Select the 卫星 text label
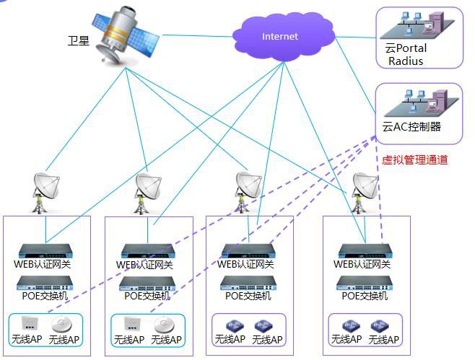point(79,40)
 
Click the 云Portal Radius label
point(406,55)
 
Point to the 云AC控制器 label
point(412,127)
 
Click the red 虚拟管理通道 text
point(414,160)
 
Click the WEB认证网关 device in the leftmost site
point(46,250)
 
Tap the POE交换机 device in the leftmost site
point(46,283)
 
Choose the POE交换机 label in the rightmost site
point(365,296)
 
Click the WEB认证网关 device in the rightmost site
point(365,250)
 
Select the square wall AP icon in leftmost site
point(30,322)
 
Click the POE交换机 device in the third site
point(248,283)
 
